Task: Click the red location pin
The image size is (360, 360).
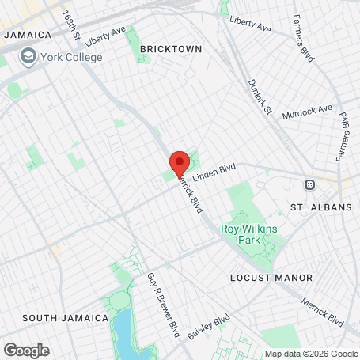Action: pos(179,162)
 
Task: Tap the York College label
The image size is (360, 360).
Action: pos(73,57)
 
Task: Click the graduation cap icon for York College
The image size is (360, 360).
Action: pos(29,57)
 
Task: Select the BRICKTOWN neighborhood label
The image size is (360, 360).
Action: pos(171,49)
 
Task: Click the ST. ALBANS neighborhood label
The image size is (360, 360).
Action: pos(320,207)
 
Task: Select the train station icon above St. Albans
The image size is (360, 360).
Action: pos(310,184)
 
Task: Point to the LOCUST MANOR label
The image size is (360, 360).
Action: pos(271,278)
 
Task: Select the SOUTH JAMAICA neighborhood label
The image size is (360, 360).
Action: pos(65,318)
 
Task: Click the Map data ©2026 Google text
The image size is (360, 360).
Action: pos(310,354)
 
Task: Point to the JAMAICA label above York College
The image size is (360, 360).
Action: pos(27,36)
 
